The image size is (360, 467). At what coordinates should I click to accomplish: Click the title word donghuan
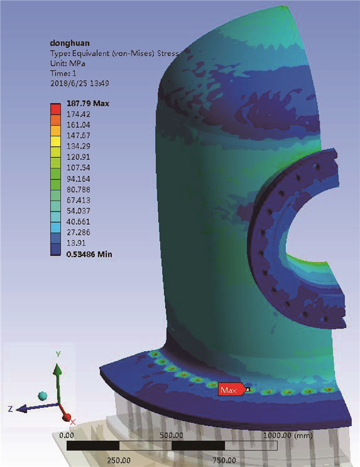click(69, 43)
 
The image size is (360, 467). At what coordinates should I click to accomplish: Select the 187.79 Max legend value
click(88, 104)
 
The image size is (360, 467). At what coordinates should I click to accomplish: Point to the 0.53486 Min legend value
click(89, 255)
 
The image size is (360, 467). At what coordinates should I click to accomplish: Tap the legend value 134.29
click(78, 146)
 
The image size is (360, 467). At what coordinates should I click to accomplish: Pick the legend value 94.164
click(78, 178)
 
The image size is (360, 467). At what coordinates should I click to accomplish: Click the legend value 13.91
click(76, 243)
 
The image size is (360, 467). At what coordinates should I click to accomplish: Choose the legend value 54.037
click(78, 211)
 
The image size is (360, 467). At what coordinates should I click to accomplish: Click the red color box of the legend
click(56, 109)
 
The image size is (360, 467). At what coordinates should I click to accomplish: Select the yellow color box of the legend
click(56, 141)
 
